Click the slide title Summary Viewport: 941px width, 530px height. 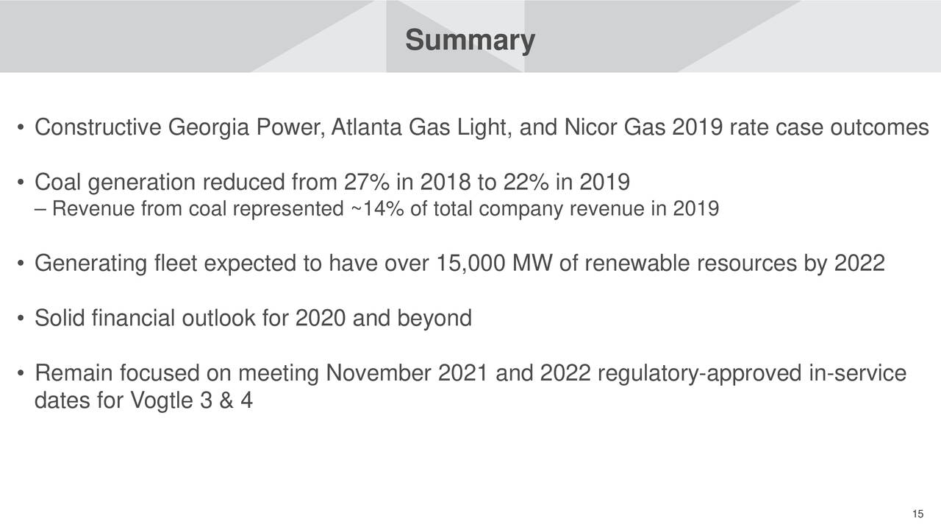click(x=470, y=40)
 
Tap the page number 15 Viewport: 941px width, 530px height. click(x=918, y=514)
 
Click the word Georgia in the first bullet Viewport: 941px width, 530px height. click(x=209, y=127)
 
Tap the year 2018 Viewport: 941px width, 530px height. click(x=446, y=182)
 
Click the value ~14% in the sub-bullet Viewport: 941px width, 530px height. click(x=377, y=208)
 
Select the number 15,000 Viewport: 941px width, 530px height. click(x=470, y=264)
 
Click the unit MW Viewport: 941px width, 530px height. click(x=532, y=264)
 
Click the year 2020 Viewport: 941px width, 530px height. click(x=321, y=318)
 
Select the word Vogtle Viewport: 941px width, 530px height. click(x=162, y=400)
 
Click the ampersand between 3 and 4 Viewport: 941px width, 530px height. click(x=226, y=400)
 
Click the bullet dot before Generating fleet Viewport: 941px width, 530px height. click(x=20, y=264)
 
